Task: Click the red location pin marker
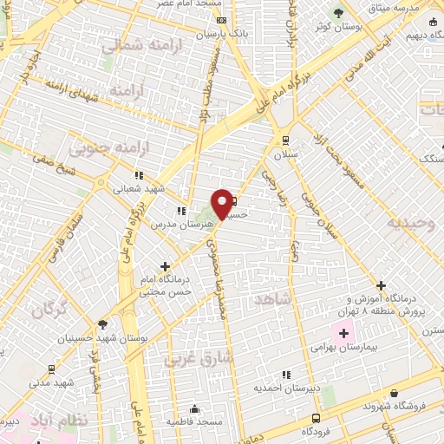pyautogui.click(x=222, y=203)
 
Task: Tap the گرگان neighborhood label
pyautogui.click(x=49, y=310)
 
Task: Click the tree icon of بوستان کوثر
pyautogui.click(x=338, y=13)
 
